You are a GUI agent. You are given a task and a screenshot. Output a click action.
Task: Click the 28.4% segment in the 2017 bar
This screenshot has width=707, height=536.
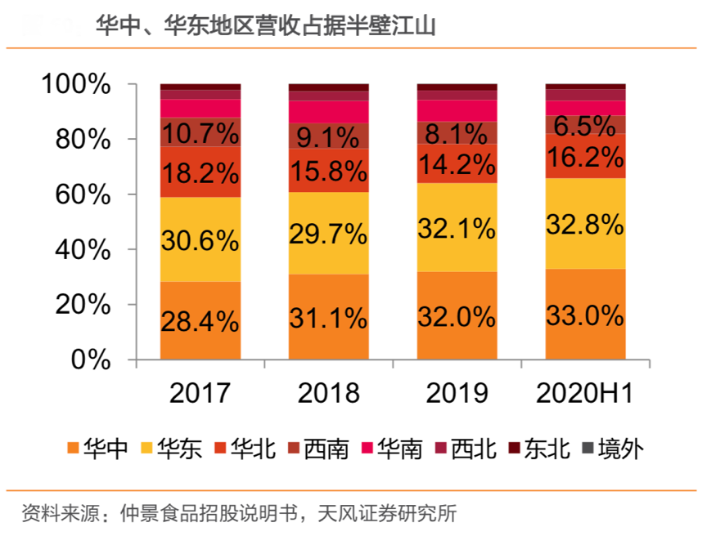pos(200,320)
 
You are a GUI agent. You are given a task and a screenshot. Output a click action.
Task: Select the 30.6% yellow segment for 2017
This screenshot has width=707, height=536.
pos(200,239)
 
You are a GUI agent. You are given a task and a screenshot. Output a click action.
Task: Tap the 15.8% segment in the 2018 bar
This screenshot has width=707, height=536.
pos(328,171)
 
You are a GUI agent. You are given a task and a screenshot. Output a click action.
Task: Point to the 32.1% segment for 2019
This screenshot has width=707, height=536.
pos(457,227)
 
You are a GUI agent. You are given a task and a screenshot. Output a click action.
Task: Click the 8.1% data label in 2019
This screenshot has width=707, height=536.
pos(457,133)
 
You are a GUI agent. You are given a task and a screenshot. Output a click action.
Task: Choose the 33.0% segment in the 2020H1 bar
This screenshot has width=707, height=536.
pos(585,315)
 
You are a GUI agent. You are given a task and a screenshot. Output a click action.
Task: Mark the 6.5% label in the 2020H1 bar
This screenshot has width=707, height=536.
pos(585,126)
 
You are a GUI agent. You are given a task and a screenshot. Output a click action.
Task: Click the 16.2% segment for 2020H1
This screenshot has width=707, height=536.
pos(585,155)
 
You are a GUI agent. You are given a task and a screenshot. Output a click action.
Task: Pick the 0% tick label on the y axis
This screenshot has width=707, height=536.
pos(91,359)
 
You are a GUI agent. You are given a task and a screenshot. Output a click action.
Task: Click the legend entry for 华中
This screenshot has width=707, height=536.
pos(97,448)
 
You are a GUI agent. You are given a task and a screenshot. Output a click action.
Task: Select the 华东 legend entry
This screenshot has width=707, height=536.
pos(172,448)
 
